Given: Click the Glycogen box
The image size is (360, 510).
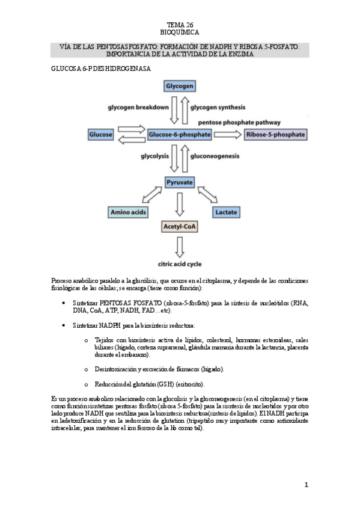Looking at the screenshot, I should coord(180,86).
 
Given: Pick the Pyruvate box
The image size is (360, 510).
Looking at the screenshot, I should coord(180,181).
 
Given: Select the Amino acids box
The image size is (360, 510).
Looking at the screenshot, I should coord(127,212).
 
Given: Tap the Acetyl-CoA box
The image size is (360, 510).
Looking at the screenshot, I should coord(180,227).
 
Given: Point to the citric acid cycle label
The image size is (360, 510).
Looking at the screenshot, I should coord(180,263).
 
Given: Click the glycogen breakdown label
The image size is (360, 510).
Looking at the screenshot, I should coord(138,108).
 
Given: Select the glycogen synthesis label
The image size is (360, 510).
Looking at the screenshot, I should coord(218,108).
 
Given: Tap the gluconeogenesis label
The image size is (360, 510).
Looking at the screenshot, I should coord(215,156).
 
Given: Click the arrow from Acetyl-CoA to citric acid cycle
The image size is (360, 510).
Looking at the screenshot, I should coord(180,245).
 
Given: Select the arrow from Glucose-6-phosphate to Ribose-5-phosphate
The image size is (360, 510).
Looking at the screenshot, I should coord(228,134).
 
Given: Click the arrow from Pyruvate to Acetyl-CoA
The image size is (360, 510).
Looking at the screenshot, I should coord(180,204).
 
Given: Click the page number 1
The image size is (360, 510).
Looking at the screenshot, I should coord(306,484).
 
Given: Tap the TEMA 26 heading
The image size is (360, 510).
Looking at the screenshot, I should coord(180,24).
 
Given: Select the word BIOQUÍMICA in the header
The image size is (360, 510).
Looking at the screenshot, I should coord(180,32).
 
